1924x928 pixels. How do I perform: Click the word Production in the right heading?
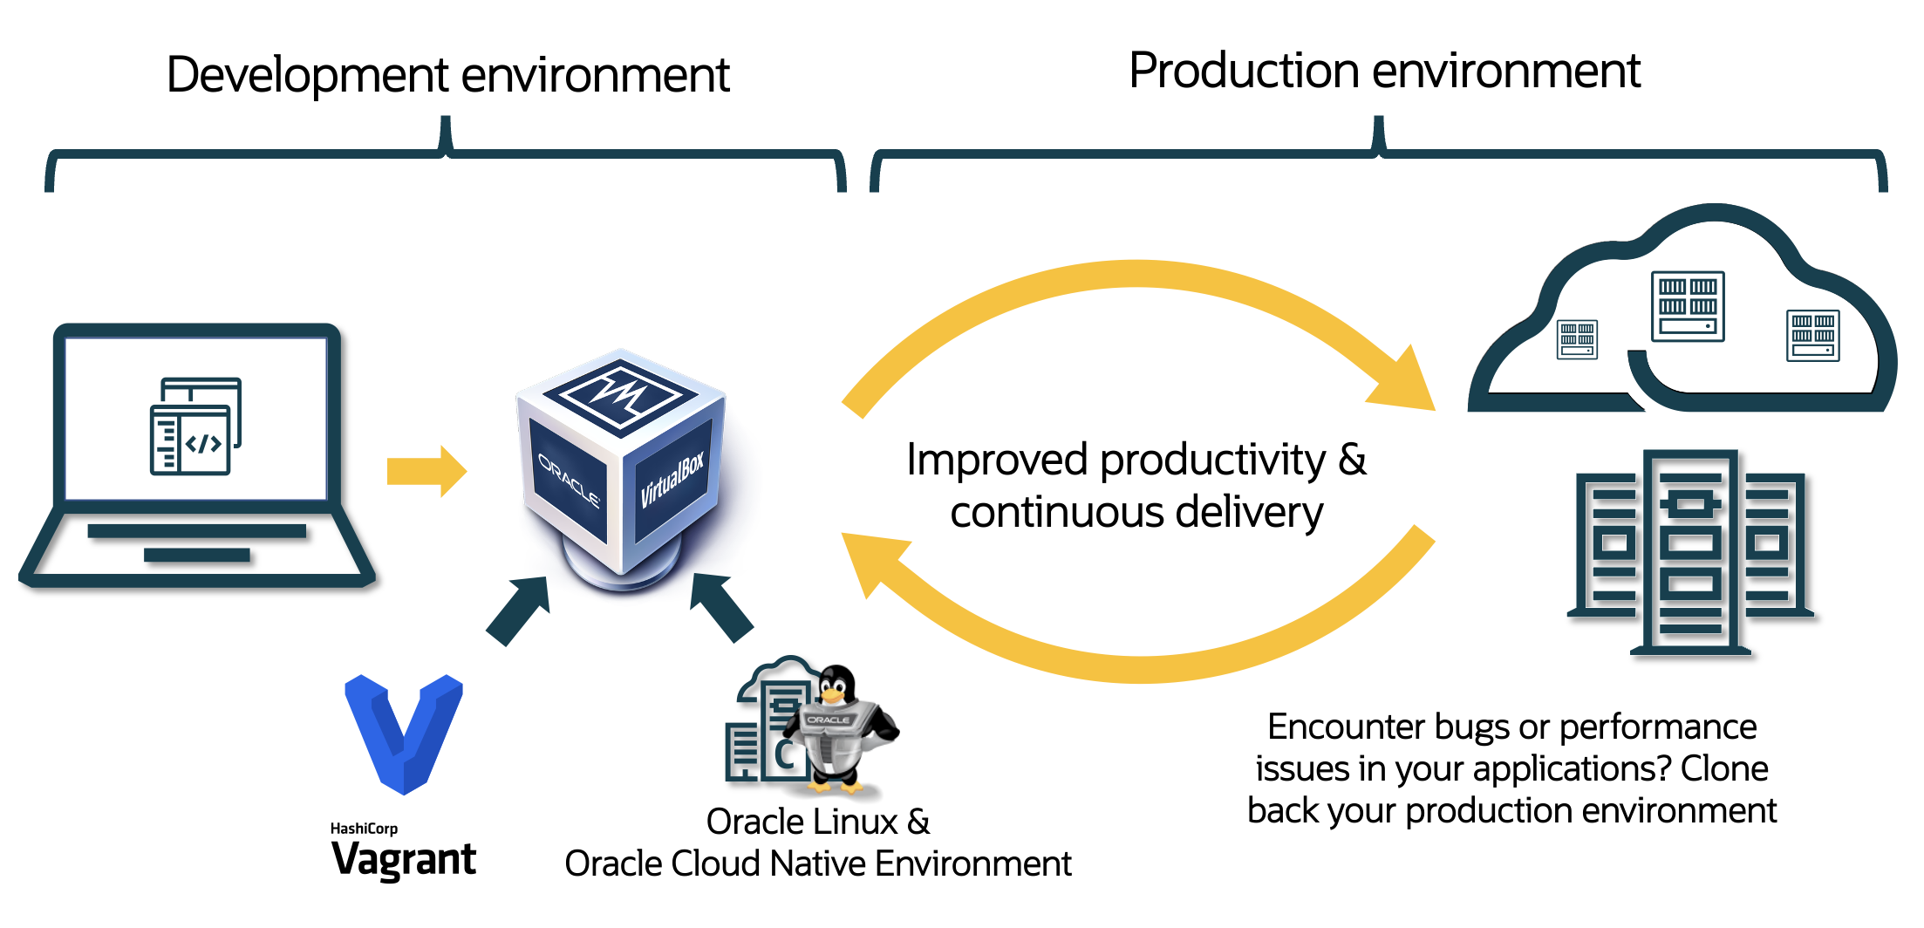pos(1243,71)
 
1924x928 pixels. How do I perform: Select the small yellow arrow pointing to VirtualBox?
pos(426,471)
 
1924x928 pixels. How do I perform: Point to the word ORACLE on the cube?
pos(569,480)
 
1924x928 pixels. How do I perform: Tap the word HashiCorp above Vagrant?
pos(364,828)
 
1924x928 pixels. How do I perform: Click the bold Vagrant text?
pos(404,860)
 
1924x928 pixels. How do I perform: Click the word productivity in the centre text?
pos(1212,461)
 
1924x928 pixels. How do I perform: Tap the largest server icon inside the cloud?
pos(1688,306)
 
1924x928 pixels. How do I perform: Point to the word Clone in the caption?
pos(1724,768)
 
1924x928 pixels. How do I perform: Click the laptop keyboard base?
pos(197,545)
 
